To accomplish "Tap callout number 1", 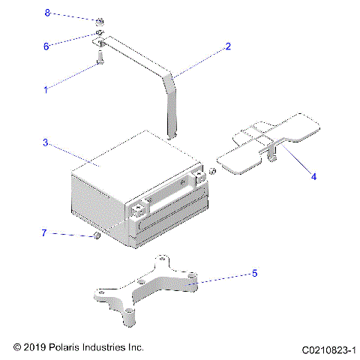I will [x=46, y=89].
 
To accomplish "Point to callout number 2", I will [x=228, y=46].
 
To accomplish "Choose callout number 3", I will [x=46, y=142].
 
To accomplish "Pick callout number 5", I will [x=254, y=273].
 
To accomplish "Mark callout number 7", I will [x=46, y=233].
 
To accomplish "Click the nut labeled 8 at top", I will [x=100, y=20].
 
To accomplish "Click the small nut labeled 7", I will [x=97, y=238].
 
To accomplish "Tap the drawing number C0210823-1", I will [x=328, y=349].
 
